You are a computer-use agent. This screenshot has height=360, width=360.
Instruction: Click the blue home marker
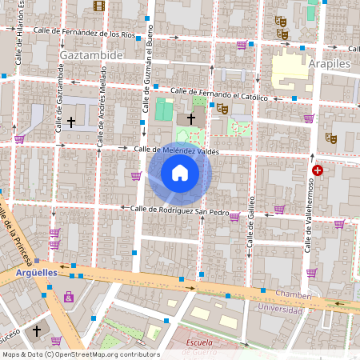point(180,173)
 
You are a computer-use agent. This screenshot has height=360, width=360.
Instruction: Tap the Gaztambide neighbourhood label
point(90,55)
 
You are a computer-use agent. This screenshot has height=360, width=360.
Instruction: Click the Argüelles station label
point(37,272)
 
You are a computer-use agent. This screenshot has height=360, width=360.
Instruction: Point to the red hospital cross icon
point(318,170)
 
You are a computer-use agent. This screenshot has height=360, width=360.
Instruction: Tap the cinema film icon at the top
point(98,6)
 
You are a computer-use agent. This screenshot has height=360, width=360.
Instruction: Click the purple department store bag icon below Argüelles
point(70,298)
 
